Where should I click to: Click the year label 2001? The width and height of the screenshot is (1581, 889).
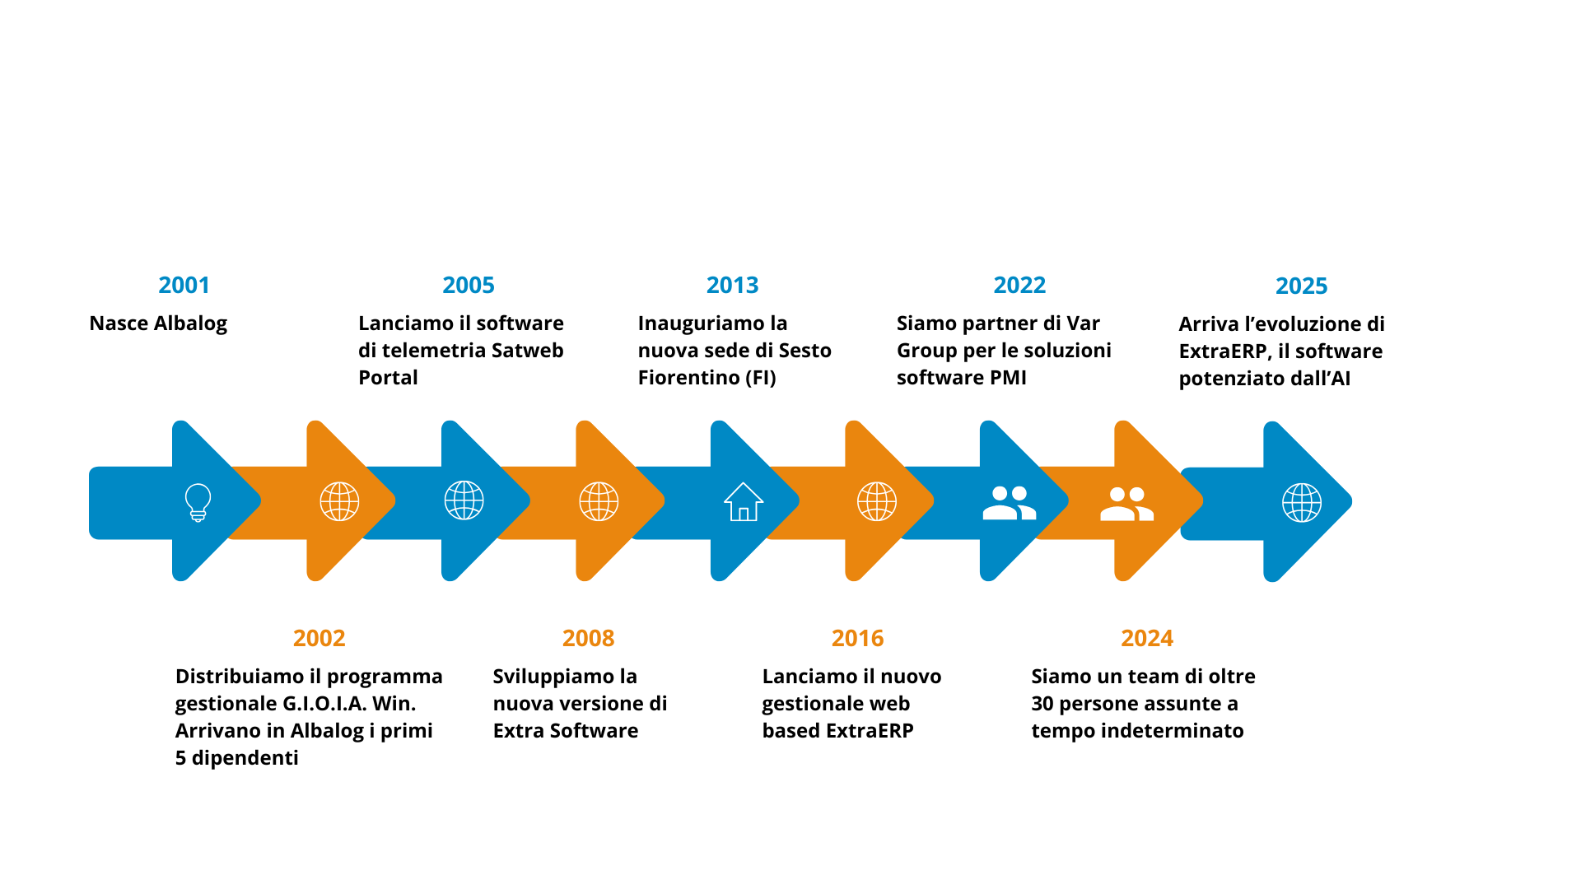click(184, 285)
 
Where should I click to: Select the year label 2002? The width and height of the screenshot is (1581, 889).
click(319, 638)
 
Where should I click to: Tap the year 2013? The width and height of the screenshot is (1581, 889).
click(732, 285)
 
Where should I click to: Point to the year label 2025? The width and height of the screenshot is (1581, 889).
click(1301, 286)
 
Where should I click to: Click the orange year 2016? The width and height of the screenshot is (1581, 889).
click(857, 638)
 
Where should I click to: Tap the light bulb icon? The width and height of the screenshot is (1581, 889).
click(198, 502)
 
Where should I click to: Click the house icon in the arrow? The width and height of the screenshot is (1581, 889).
click(744, 501)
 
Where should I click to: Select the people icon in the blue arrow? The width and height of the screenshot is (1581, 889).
click(1010, 502)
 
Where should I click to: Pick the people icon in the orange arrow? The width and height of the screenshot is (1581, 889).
click(1126, 504)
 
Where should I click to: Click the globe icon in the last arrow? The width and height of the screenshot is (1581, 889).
click(1302, 502)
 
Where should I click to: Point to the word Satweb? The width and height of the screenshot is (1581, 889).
click(528, 351)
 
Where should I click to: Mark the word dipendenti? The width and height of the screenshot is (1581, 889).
click(245, 758)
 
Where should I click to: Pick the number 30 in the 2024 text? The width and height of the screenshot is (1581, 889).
click(1042, 704)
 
